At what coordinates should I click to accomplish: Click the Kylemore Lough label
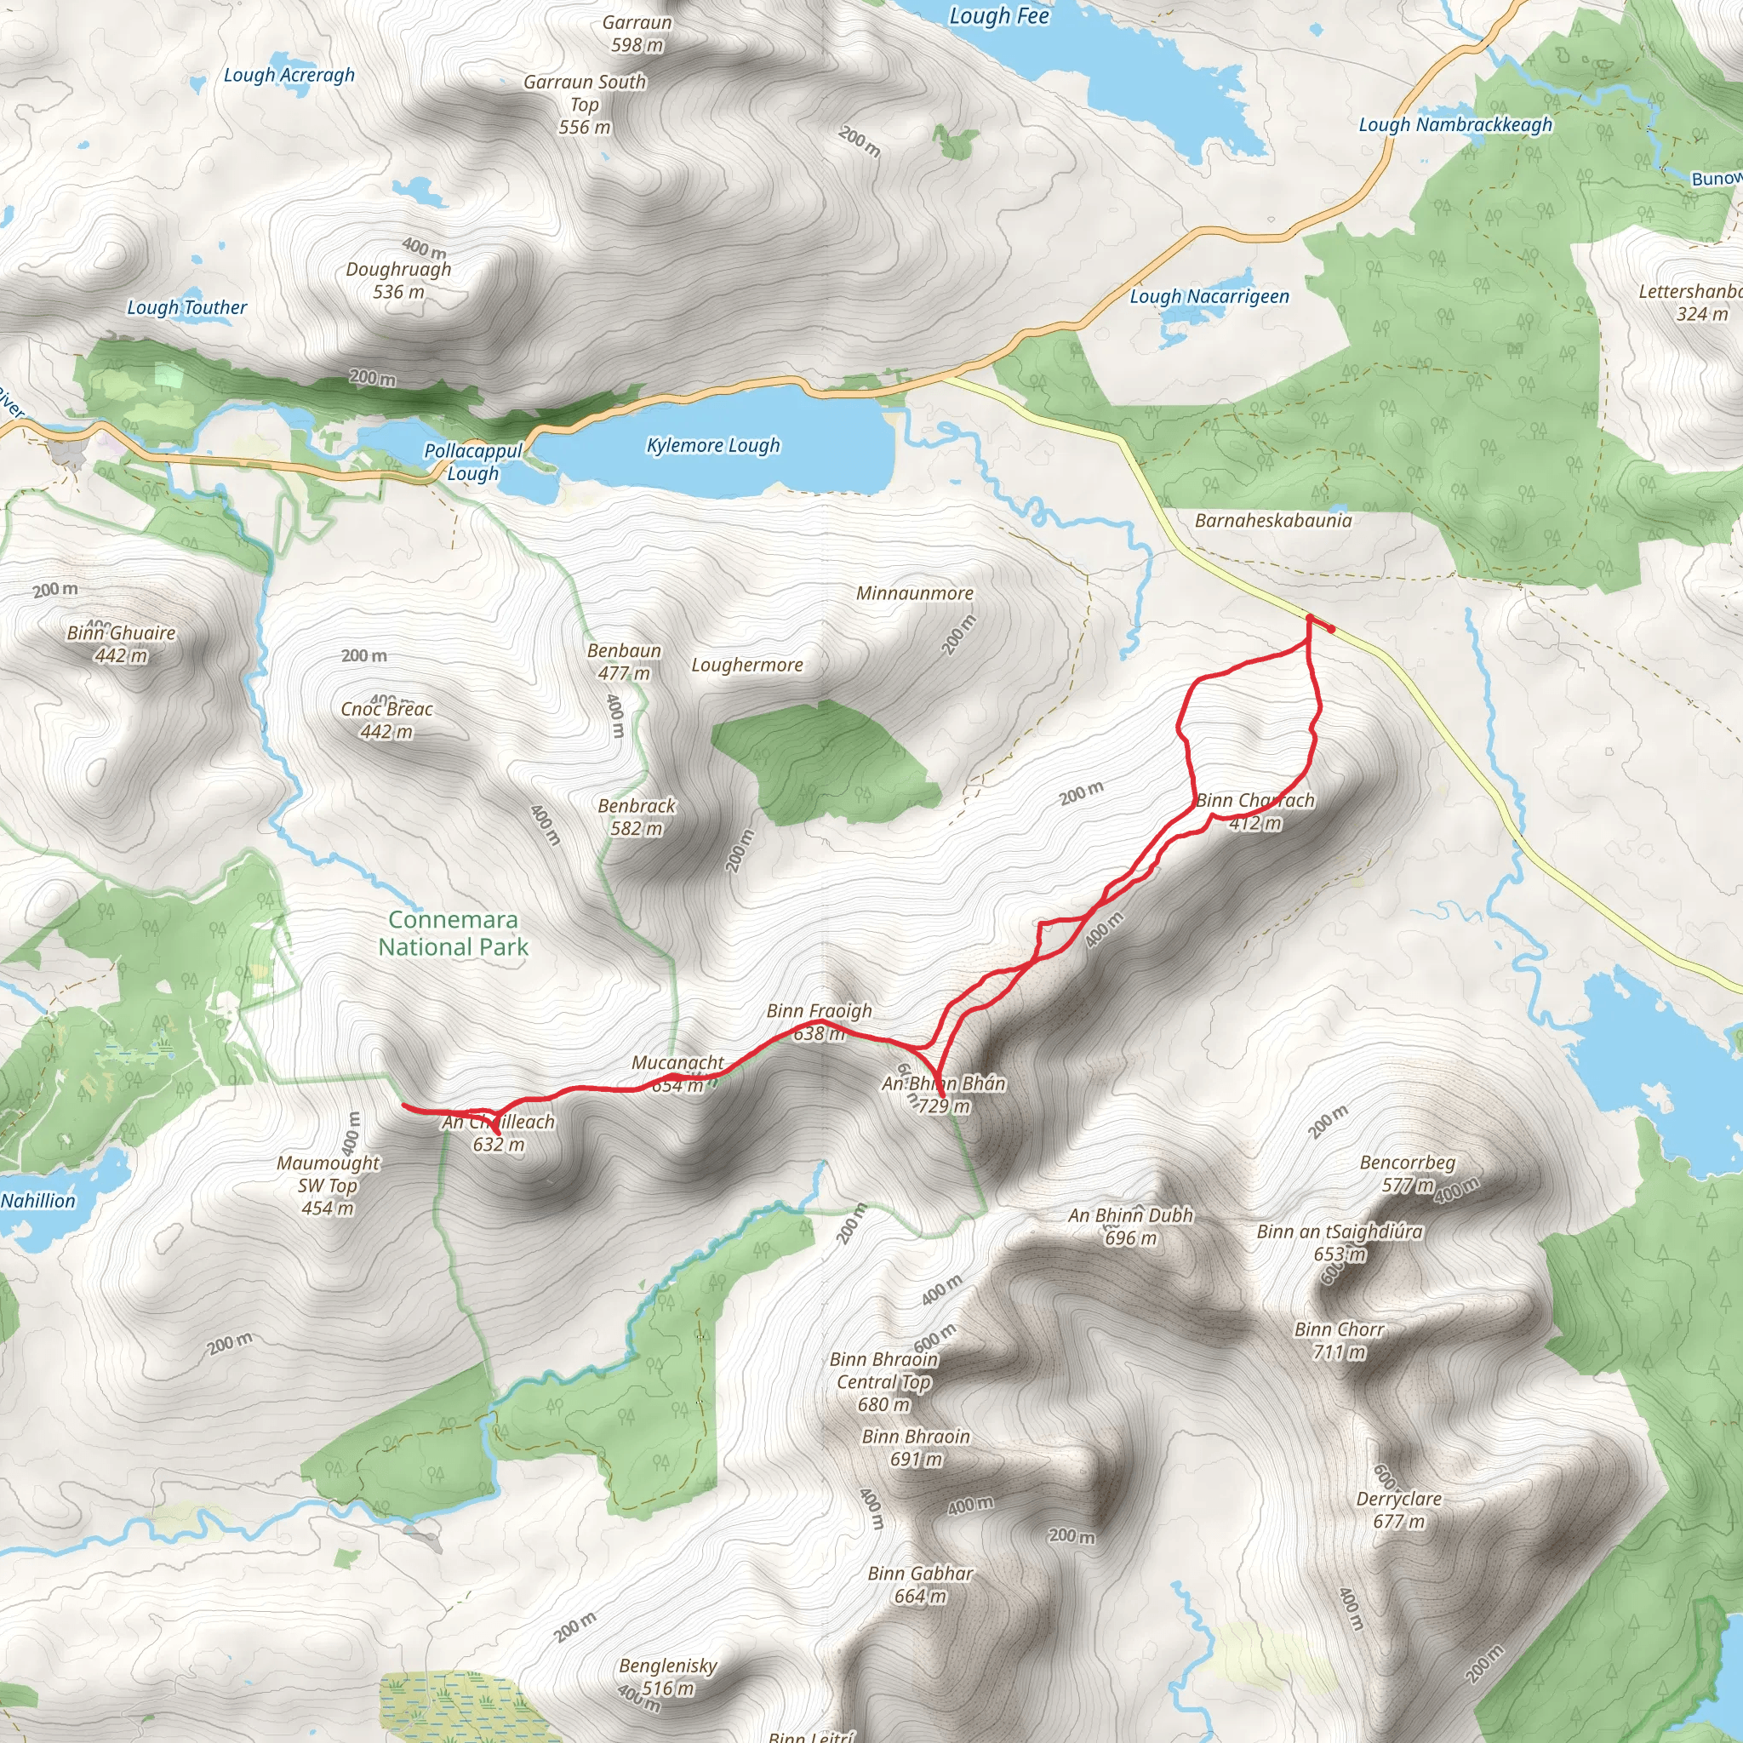coord(712,446)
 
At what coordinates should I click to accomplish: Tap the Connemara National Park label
coord(453,933)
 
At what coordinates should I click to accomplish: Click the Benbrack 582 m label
coord(636,816)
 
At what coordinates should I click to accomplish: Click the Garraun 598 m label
coord(637,33)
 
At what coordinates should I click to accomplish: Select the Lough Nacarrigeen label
coord(1209,296)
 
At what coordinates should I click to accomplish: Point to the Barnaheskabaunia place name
coord(1273,521)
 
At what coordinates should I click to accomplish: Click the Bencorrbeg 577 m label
coord(1408,1173)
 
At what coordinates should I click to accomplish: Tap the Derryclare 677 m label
coord(1398,1509)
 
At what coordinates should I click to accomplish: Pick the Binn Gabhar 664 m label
coord(920,1584)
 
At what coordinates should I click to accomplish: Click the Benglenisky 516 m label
coord(667,1677)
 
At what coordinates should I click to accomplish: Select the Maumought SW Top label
coord(328,1185)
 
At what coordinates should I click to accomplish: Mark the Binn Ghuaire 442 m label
coord(121,644)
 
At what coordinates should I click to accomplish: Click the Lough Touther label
coord(186,307)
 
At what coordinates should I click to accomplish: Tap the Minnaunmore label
coord(914,594)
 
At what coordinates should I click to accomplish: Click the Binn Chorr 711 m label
coord(1339,1340)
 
